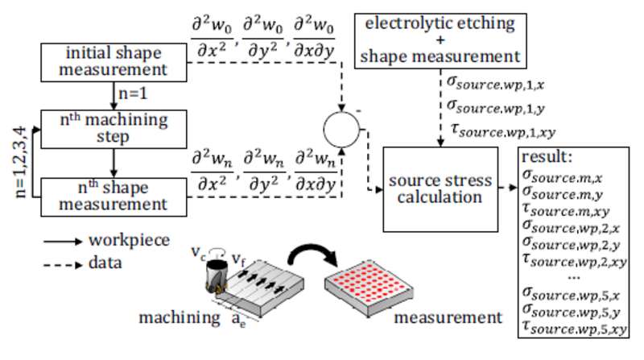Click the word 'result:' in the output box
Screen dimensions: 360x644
(549, 157)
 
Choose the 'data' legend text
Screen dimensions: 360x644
(109, 263)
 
